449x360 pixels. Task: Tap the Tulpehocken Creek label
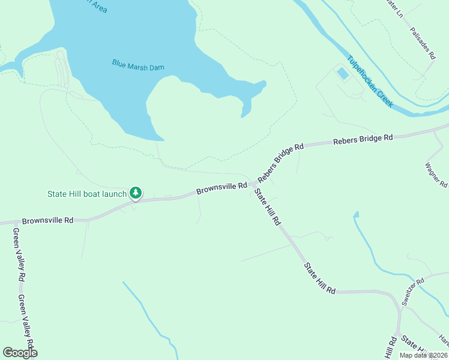click(x=370, y=81)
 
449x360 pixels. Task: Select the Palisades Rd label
click(x=423, y=43)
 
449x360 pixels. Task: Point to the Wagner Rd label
click(x=436, y=175)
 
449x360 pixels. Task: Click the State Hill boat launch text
click(x=87, y=194)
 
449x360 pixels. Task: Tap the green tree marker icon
click(x=136, y=193)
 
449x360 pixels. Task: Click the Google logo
click(x=20, y=352)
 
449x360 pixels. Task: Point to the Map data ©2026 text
click(x=423, y=355)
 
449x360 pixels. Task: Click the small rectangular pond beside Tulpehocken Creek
click(x=342, y=74)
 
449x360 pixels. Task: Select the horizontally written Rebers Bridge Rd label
click(x=363, y=139)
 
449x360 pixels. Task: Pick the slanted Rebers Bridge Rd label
click(x=281, y=162)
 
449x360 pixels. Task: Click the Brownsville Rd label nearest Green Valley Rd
click(x=47, y=221)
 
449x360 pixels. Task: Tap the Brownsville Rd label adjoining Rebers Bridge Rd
click(x=221, y=189)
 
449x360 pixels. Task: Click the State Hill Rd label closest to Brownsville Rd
click(x=267, y=207)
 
